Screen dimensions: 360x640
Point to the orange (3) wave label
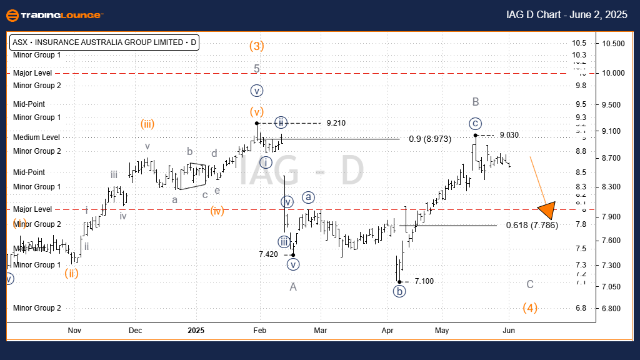[x=256, y=46]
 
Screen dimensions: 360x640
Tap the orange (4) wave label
[x=531, y=307]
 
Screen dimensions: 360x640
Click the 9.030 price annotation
[x=509, y=135]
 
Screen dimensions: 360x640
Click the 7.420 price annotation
[x=269, y=254]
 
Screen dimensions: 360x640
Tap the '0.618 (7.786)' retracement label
[x=532, y=225]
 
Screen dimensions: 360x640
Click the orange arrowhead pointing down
[x=547, y=211]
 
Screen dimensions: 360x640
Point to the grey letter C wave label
[x=530, y=284]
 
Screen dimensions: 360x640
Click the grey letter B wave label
[x=476, y=102]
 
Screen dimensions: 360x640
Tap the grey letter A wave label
[x=292, y=287]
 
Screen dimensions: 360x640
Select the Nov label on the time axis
[x=74, y=330]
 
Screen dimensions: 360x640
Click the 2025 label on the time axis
[x=196, y=330]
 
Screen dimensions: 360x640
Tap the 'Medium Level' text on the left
[x=37, y=137]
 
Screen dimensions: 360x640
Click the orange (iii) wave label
[x=147, y=124]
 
